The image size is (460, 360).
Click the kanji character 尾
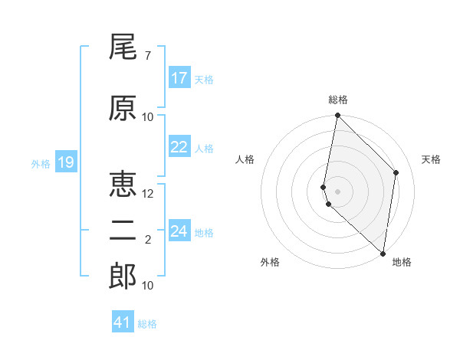tap(123, 48)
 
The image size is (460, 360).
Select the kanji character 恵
tap(123, 185)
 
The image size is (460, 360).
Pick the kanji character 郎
tap(123, 277)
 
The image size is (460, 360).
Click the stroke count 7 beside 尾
tap(147, 56)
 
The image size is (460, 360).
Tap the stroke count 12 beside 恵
tap(149, 194)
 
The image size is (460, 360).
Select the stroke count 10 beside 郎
tap(148, 286)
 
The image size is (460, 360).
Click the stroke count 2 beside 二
tap(147, 240)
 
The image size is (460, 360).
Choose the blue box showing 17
tap(179, 78)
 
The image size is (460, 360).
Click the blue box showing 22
tap(179, 148)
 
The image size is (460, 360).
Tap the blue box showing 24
tap(179, 231)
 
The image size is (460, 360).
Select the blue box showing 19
tap(65, 162)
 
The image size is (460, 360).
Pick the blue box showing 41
tap(123, 322)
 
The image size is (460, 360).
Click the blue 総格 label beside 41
tap(147, 324)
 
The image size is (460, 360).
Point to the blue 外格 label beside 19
tap(40, 163)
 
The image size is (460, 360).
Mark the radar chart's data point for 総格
tap(337, 116)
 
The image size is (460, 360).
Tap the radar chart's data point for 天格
tap(396, 172)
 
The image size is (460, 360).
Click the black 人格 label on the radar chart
tap(245, 159)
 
